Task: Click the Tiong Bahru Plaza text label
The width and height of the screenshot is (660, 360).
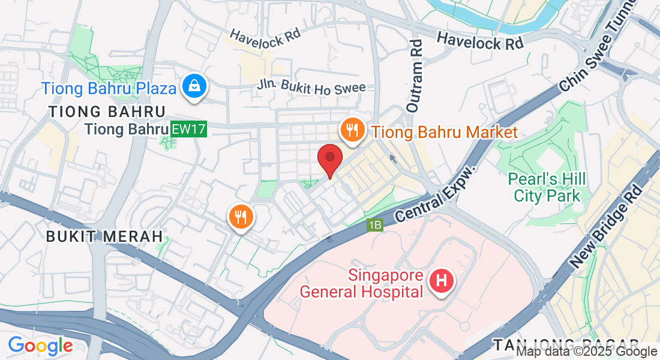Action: pyautogui.click(x=109, y=89)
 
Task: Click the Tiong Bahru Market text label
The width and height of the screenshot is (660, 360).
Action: pyautogui.click(x=445, y=132)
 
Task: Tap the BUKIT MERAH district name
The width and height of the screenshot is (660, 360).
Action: pyautogui.click(x=104, y=236)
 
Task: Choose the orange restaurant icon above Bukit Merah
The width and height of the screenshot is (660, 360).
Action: pyautogui.click(x=241, y=217)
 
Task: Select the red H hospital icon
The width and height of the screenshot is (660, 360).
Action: pyautogui.click(x=442, y=280)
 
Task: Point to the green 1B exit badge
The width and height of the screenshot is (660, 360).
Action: pyautogui.click(x=375, y=225)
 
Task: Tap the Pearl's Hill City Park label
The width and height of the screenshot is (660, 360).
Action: pyautogui.click(x=547, y=187)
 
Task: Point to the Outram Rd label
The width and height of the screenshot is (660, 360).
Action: pyautogui.click(x=414, y=76)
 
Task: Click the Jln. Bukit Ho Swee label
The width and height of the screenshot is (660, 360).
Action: pyautogui.click(x=312, y=88)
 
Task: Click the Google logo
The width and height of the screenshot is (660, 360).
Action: pyautogui.click(x=40, y=346)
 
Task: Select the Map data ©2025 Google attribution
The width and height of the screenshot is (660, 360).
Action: pyautogui.click(x=587, y=352)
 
